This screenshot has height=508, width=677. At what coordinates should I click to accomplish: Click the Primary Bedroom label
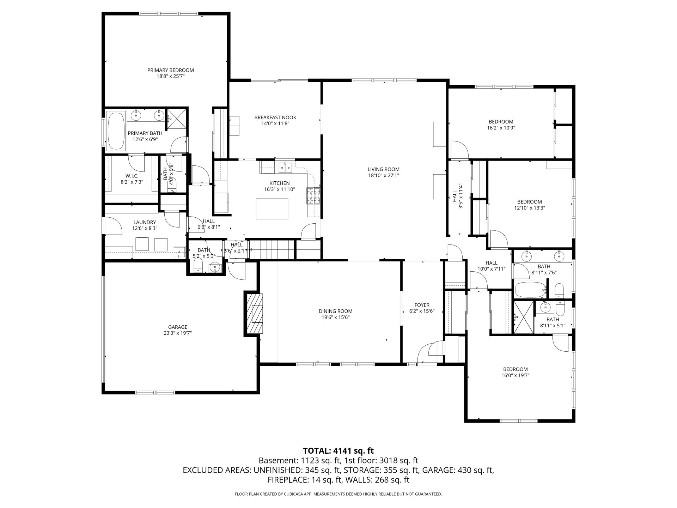click(x=170, y=70)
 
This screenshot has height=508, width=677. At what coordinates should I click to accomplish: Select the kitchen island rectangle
click(x=272, y=208)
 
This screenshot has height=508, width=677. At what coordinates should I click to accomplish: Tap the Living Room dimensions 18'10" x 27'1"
click(x=383, y=175)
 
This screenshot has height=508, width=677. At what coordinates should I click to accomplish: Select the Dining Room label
click(x=335, y=311)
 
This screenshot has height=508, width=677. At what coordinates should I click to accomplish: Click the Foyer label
click(x=422, y=305)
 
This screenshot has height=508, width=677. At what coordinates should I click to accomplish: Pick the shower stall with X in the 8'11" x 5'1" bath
click(x=524, y=317)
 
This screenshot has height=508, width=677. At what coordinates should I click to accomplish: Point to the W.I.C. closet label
click(x=132, y=176)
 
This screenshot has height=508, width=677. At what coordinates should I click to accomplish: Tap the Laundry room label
click(x=145, y=222)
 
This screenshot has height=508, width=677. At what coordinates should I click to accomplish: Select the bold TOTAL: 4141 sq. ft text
click(x=338, y=450)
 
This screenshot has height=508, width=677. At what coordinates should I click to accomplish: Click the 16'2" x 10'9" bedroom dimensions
click(x=500, y=128)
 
